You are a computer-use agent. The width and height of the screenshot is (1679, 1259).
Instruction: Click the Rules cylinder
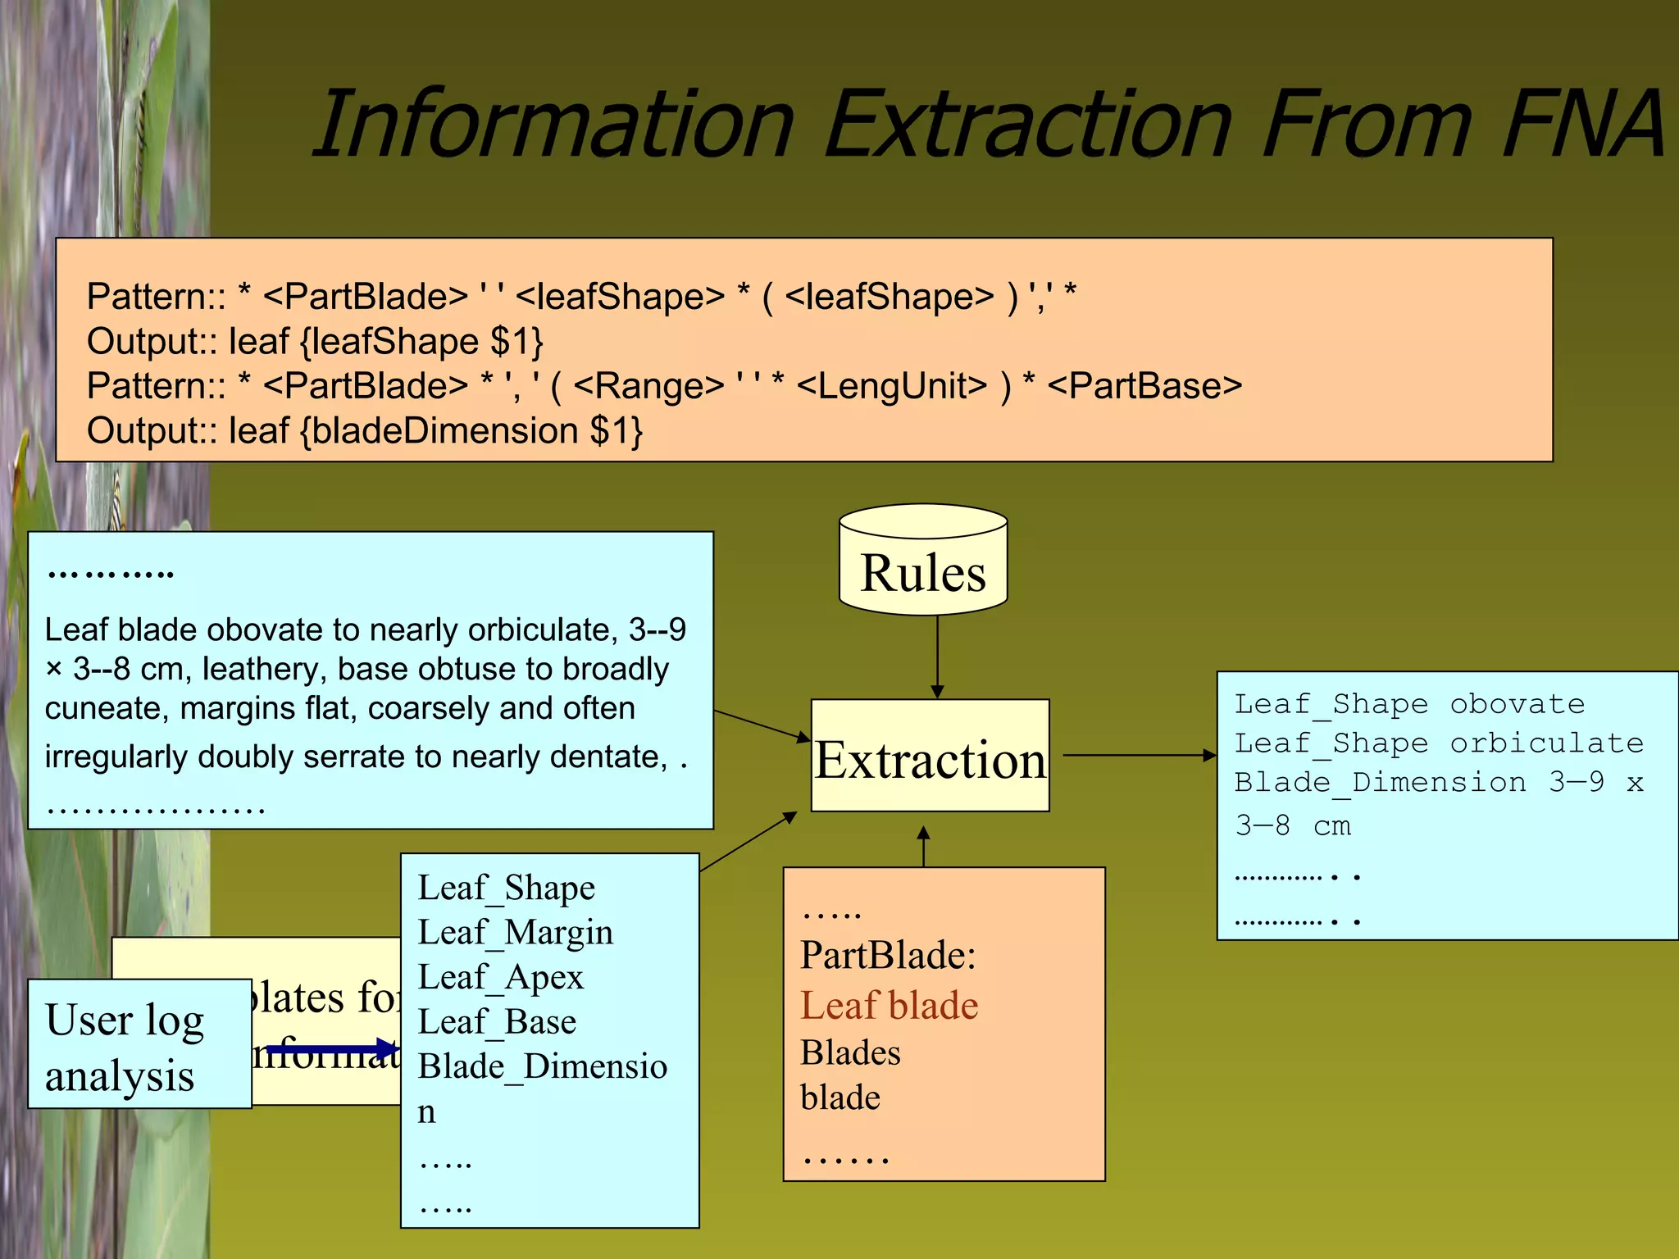coord(923,566)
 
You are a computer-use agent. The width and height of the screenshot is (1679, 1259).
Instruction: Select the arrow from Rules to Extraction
coord(937,656)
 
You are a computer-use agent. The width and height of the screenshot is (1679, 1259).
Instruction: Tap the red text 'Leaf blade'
coord(890,1006)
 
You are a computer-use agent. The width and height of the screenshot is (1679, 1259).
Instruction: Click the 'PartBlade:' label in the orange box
coord(888,956)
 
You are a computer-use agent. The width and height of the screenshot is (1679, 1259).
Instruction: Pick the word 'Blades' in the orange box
coord(850,1053)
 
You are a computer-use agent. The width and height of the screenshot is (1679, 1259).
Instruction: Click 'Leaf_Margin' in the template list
coord(515,933)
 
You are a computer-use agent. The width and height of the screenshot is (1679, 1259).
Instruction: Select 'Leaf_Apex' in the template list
coord(500,978)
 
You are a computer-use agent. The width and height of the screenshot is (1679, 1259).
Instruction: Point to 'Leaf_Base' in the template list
coord(497,1022)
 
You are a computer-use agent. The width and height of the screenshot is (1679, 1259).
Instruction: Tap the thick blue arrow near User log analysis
coord(332,1048)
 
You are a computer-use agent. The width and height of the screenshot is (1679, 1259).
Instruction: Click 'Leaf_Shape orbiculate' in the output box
coord(1439,743)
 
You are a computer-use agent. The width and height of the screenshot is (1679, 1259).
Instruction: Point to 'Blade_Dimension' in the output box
coord(1381,783)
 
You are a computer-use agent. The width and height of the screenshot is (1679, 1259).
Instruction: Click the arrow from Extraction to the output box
coord(1140,755)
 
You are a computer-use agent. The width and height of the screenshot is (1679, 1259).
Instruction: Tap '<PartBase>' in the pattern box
coord(1144,386)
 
